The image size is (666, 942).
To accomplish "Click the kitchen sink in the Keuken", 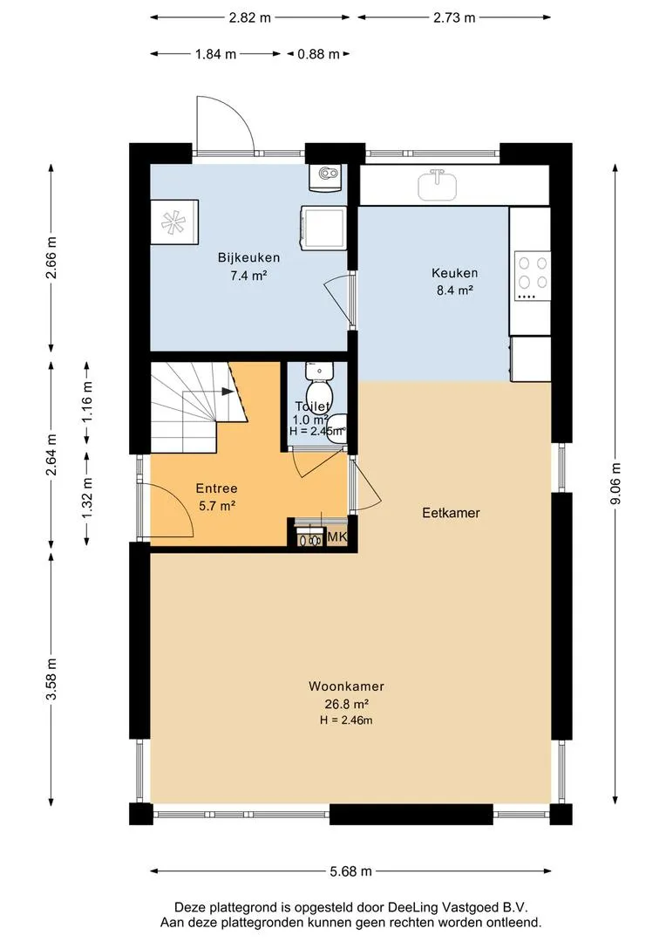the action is [x=437, y=185].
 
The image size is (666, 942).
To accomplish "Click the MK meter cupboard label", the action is [x=336, y=537].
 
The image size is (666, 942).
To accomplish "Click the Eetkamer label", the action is [x=451, y=513].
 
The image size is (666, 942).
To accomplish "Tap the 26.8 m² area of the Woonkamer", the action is [x=347, y=704].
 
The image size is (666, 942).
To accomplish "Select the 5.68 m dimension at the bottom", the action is [x=350, y=871].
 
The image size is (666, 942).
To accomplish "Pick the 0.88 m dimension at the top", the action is [x=318, y=54].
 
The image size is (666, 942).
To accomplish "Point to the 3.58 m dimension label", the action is [x=51, y=679].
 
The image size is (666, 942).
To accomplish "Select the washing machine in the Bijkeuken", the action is [x=323, y=227].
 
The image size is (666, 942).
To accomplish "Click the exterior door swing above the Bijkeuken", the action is [x=225, y=123].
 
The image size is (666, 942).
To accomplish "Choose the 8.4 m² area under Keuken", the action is [x=455, y=290].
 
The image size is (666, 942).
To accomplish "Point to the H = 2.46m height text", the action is [x=347, y=720].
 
